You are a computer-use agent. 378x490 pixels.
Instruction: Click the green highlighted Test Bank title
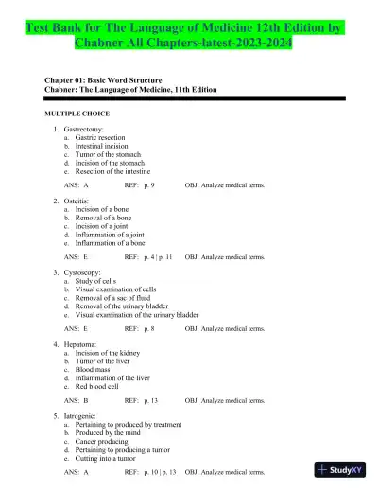(189, 26)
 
